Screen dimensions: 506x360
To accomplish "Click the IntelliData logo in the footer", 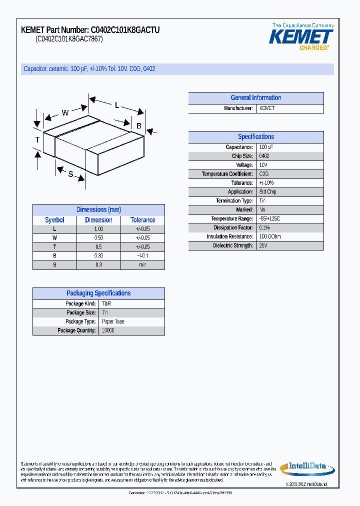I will (305, 467).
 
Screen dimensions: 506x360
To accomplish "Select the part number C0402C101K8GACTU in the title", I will (125, 30).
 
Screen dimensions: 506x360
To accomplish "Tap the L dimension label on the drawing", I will (117, 105).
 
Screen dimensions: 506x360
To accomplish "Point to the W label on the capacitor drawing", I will (65, 112).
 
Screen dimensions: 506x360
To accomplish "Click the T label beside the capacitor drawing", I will (37, 140).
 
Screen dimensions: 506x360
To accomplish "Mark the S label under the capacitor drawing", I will (70, 174).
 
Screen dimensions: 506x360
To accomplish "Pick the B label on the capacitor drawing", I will (139, 125).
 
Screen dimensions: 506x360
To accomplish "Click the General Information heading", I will (255, 98).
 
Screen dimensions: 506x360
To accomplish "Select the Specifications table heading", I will (255, 136).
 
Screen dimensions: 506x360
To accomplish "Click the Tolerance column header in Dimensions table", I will (142, 220).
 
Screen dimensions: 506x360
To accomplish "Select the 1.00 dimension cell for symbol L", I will (98, 229).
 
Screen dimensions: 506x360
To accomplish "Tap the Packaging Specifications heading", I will (98, 293).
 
